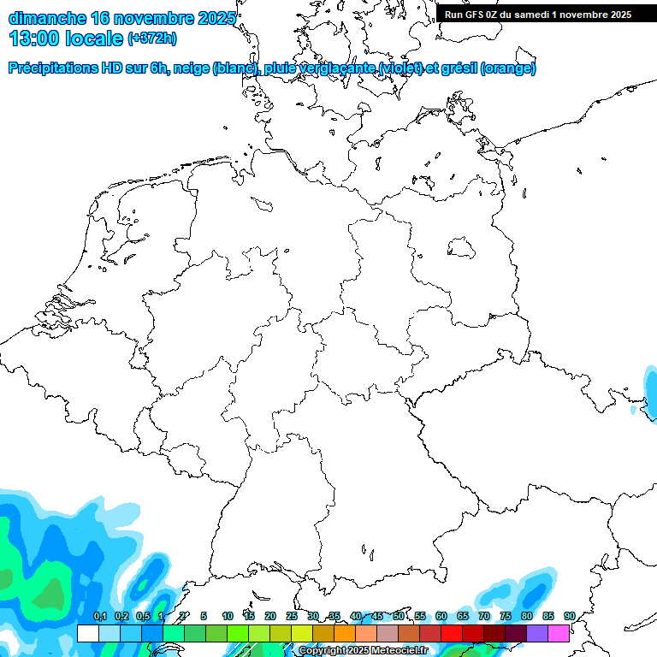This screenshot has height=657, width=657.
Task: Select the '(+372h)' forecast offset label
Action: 151,38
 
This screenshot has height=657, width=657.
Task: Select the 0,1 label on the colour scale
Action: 99,617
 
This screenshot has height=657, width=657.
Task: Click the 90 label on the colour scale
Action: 570,617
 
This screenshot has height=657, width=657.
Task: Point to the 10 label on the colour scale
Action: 227,617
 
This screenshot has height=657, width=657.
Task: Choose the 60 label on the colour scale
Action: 441,617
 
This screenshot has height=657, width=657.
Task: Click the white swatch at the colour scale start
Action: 87,633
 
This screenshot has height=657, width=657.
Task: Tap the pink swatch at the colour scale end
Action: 559,633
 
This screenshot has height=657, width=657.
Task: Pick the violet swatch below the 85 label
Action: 537,633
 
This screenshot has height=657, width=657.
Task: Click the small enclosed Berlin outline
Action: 462,248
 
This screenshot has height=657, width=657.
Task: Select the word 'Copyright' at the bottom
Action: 323,651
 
